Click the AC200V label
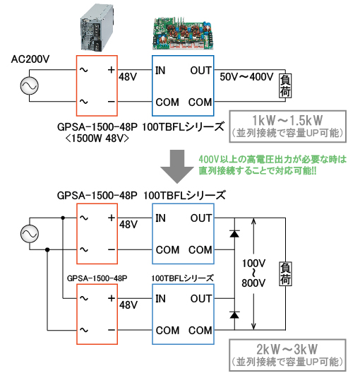(x=30, y=59)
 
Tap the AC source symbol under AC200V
(x=30, y=86)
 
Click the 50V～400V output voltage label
(x=246, y=76)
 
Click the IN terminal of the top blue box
(x=161, y=71)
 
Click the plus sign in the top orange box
(x=110, y=71)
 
